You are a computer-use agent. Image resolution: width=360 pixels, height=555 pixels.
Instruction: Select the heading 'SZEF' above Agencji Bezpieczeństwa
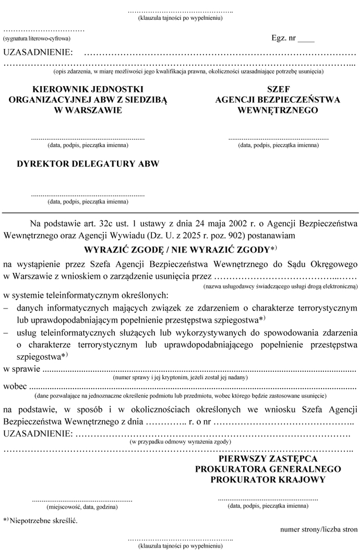click(x=278, y=89)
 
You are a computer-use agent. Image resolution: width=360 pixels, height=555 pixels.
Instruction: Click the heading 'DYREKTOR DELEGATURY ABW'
click(x=88, y=163)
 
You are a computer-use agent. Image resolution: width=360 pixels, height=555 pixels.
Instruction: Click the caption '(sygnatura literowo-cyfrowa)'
click(x=37, y=39)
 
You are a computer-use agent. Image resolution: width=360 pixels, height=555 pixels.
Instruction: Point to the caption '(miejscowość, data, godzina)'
click(x=82, y=506)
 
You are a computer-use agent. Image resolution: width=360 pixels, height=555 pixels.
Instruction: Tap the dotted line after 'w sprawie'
click(x=198, y=370)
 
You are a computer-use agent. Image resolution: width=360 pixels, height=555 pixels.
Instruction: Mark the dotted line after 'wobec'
click(x=193, y=388)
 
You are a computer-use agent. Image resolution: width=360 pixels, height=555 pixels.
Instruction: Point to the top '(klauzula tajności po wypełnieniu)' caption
click(x=180, y=18)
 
